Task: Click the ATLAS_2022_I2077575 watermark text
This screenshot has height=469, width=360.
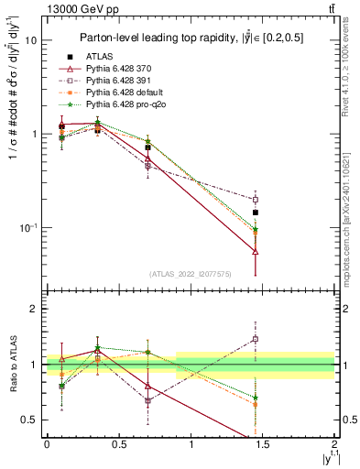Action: tap(190, 273)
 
